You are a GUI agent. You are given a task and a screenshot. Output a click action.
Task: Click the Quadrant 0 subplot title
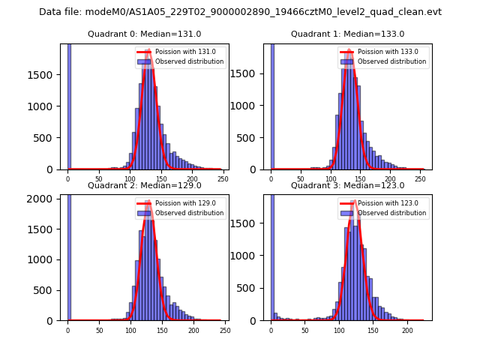pos(144,34)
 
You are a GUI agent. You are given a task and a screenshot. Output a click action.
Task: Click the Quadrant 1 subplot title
pos(347,34)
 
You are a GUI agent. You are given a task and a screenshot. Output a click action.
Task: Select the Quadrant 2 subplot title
pos(144,185)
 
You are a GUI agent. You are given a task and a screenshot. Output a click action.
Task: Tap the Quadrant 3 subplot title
pos(347,185)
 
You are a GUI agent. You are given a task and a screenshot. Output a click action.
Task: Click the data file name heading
pos(240,12)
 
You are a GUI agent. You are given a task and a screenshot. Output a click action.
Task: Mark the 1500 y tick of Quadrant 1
pos(251,75)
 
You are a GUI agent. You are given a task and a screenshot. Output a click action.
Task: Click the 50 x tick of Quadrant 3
pos(305,331)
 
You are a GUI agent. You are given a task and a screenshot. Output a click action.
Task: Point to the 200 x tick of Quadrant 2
pos(193,331)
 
